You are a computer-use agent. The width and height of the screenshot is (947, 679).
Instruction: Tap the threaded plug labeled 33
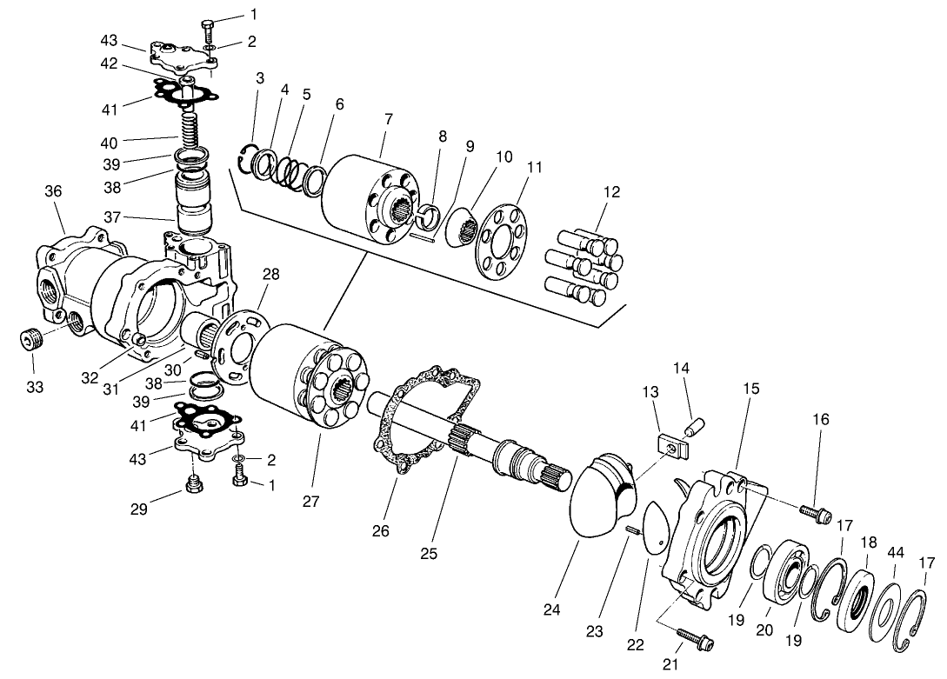point(32,337)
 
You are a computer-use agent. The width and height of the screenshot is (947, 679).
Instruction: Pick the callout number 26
point(381,530)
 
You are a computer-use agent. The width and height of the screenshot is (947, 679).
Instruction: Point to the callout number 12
point(612,192)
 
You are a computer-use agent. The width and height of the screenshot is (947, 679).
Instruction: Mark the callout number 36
point(54,191)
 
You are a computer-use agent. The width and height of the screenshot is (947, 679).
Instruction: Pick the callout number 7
point(388,117)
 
